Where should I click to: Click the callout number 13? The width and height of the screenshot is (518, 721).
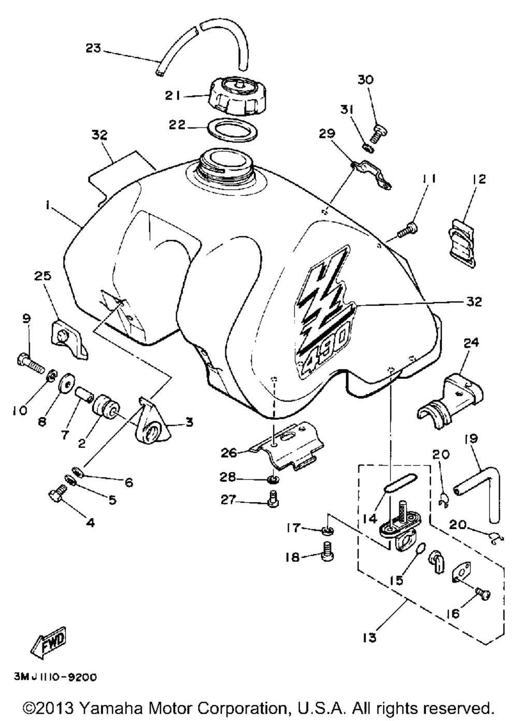[369, 638]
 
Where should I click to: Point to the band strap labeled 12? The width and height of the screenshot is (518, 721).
[462, 242]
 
